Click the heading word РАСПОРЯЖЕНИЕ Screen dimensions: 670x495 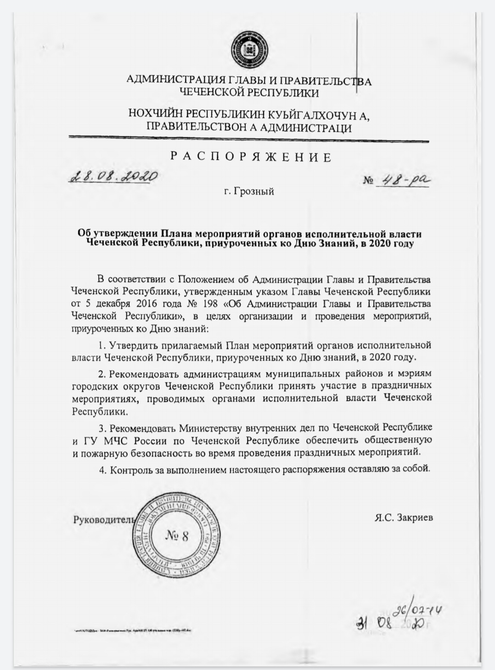pyautogui.click(x=251, y=157)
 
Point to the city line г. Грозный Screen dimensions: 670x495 pyautogui.click(x=249, y=191)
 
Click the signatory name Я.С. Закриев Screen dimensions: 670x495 pyautogui.click(x=403, y=518)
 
